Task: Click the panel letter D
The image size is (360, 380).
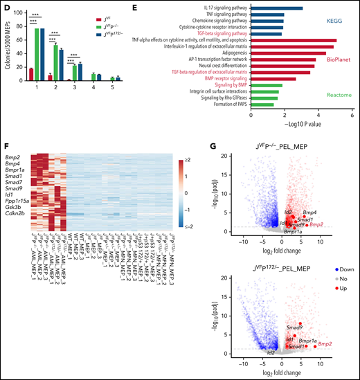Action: pos(5,6)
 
